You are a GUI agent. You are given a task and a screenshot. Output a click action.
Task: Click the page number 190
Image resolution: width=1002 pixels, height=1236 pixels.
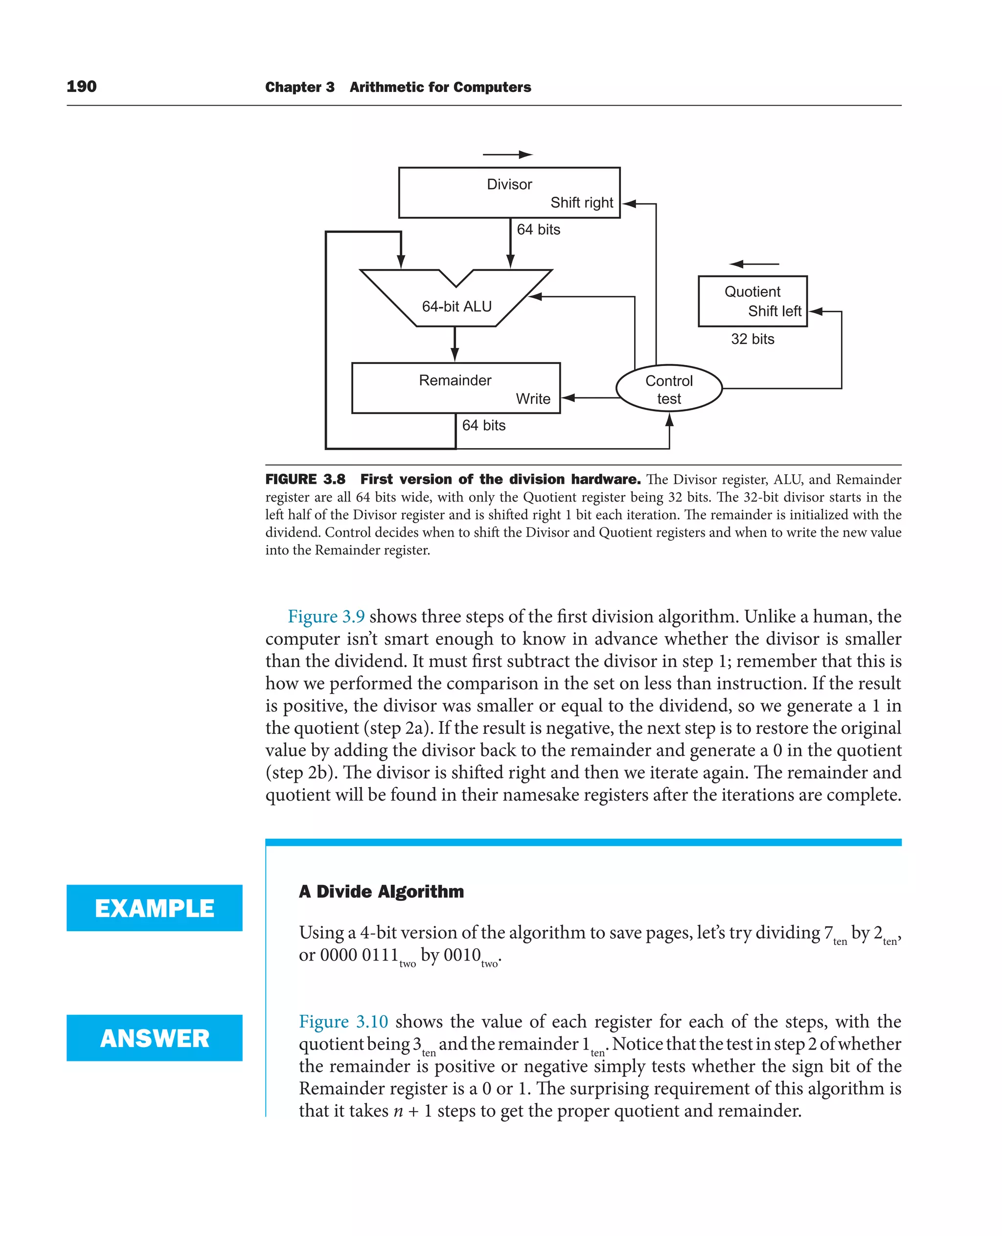click(x=81, y=87)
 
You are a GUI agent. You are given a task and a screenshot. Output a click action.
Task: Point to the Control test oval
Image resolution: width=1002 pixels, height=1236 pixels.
click(x=668, y=389)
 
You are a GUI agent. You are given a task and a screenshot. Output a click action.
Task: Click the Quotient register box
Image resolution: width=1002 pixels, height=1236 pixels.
click(x=752, y=300)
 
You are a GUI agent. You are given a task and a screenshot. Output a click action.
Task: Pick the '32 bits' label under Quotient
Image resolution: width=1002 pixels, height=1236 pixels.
click(x=752, y=339)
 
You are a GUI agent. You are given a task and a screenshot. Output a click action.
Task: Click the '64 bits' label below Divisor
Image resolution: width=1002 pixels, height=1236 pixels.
click(x=538, y=230)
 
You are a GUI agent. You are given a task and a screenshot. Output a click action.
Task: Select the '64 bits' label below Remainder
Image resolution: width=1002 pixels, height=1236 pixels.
click(x=484, y=426)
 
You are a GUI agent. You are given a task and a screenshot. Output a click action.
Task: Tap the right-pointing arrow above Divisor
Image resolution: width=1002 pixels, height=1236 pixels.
click(x=507, y=154)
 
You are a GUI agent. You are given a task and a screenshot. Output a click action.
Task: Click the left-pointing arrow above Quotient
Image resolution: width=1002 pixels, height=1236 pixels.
click(x=754, y=264)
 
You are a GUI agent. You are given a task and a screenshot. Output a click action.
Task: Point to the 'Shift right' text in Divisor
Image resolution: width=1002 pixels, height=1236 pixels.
click(x=581, y=203)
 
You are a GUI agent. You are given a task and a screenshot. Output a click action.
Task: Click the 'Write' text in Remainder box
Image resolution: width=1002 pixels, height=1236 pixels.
click(x=533, y=399)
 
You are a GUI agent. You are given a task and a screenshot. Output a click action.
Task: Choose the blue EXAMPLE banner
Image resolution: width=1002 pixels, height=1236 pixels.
click(x=154, y=908)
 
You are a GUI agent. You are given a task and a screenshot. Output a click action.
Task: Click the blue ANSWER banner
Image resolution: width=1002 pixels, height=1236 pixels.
click(x=154, y=1038)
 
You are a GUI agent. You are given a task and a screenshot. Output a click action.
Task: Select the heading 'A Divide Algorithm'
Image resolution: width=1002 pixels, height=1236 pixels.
click(x=381, y=892)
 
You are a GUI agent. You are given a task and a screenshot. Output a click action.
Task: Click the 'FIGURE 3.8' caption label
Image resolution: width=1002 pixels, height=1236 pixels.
click(x=305, y=479)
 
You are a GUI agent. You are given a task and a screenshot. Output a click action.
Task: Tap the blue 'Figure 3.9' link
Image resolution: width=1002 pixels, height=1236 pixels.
click(x=326, y=617)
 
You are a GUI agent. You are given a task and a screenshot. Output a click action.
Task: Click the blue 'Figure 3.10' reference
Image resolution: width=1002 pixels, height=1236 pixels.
click(x=343, y=1022)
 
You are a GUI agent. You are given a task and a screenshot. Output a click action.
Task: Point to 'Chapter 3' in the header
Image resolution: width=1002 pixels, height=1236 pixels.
click(x=299, y=87)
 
